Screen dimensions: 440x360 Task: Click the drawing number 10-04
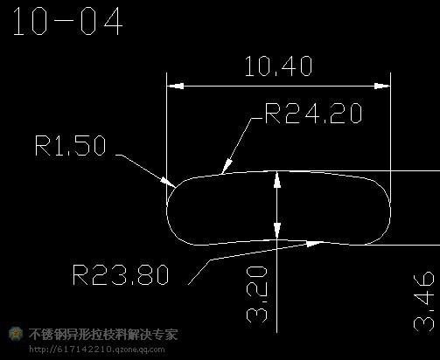click(x=67, y=22)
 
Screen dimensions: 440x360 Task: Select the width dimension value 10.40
click(x=278, y=66)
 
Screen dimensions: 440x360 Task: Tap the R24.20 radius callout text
click(x=313, y=113)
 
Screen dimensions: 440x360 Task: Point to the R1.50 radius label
click(x=70, y=145)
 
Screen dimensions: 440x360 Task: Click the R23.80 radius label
click(x=121, y=274)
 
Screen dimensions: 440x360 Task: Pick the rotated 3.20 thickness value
click(x=257, y=294)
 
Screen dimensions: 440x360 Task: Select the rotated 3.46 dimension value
click(x=424, y=301)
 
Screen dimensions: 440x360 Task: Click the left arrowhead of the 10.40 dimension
click(x=175, y=87)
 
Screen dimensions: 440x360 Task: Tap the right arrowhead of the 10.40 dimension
click(x=382, y=87)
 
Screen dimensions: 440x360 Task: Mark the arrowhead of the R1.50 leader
click(x=168, y=182)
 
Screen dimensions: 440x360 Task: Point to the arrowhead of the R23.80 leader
click(x=314, y=243)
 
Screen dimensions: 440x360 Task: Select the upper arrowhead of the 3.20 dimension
click(x=277, y=180)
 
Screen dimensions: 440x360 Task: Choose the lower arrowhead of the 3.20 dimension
click(x=277, y=231)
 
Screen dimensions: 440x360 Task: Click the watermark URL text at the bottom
click(x=97, y=349)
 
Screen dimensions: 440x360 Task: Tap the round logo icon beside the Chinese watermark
click(x=16, y=334)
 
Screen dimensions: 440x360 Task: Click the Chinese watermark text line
click(x=103, y=334)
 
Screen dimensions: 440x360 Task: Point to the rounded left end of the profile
click(x=167, y=207)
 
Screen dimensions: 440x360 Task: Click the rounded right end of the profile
click(x=390, y=207)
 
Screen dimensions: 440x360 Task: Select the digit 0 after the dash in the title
click(x=87, y=22)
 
